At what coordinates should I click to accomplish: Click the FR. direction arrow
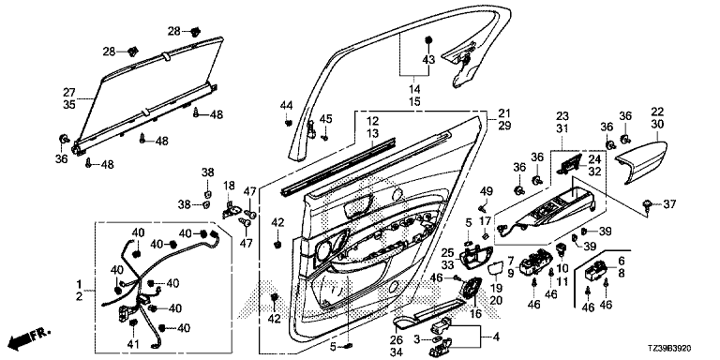pyautogui.click(x=29, y=337)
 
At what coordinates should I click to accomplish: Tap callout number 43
pyautogui.click(x=427, y=59)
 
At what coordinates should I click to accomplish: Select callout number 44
pyautogui.click(x=286, y=106)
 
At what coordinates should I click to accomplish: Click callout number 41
pyautogui.click(x=133, y=343)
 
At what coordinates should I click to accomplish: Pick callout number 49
pyautogui.click(x=487, y=191)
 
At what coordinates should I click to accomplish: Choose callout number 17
pyautogui.click(x=486, y=222)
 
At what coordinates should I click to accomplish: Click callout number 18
pyautogui.click(x=229, y=186)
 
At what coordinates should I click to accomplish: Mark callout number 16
pyautogui.click(x=475, y=314)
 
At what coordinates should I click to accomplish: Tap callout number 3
pyautogui.click(x=417, y=339)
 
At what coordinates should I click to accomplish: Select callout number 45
pyautogui.click(x=325, y=118)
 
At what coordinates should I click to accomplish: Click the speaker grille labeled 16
pyautogui.click(x=471, y=291)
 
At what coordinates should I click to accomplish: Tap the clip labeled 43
pyautogui.click(x=427, y=40)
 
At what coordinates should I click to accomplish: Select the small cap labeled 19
pyautogui.click(x=495, y=270)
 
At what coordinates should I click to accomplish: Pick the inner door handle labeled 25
pyautogui.click(x=472, y=259)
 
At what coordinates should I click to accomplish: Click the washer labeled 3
pyautogui.click(x=434, y=339)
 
